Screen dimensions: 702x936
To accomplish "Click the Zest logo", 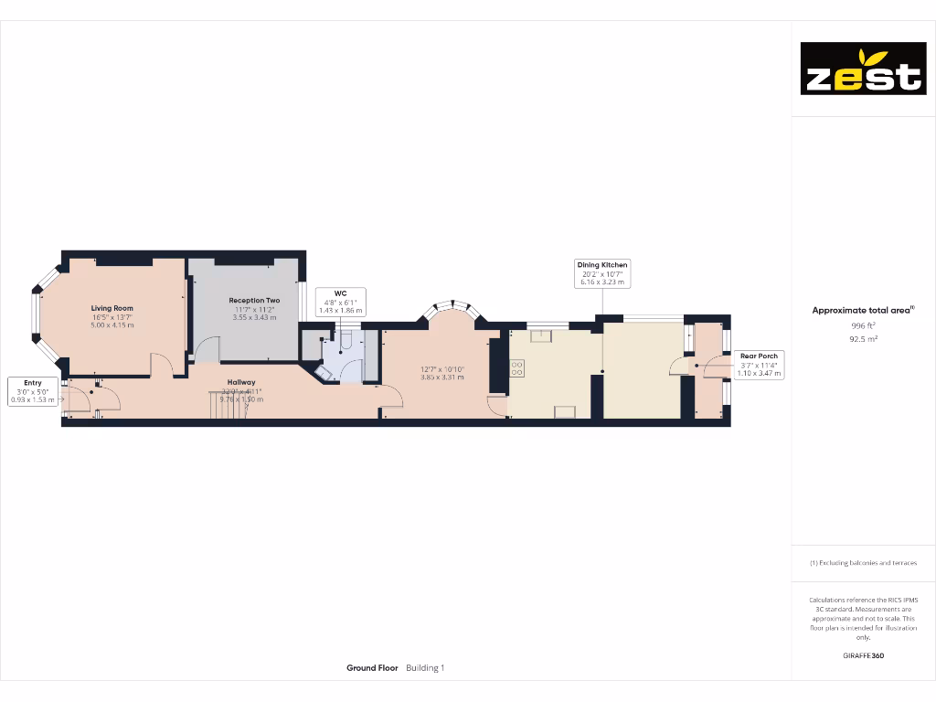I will [863, 69].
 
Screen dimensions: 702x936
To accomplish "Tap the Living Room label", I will [112, 309].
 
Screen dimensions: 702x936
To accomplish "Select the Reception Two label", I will [254, 301].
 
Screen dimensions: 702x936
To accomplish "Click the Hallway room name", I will [241, 382].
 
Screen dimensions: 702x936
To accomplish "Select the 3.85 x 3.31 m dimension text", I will [441, 377].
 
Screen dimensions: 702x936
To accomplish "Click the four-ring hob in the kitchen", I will [517, 367].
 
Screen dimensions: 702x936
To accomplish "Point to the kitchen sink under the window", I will [541, 335].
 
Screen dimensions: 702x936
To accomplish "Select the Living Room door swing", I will [161, 365].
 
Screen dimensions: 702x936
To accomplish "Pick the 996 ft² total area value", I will [863, 325].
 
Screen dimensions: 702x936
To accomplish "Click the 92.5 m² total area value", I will [863, 338].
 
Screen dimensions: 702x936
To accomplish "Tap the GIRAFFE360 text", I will [863, 655].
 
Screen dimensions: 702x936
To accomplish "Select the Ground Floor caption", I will [372, 668].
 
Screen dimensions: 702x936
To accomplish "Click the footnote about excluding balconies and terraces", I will [863, 563].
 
